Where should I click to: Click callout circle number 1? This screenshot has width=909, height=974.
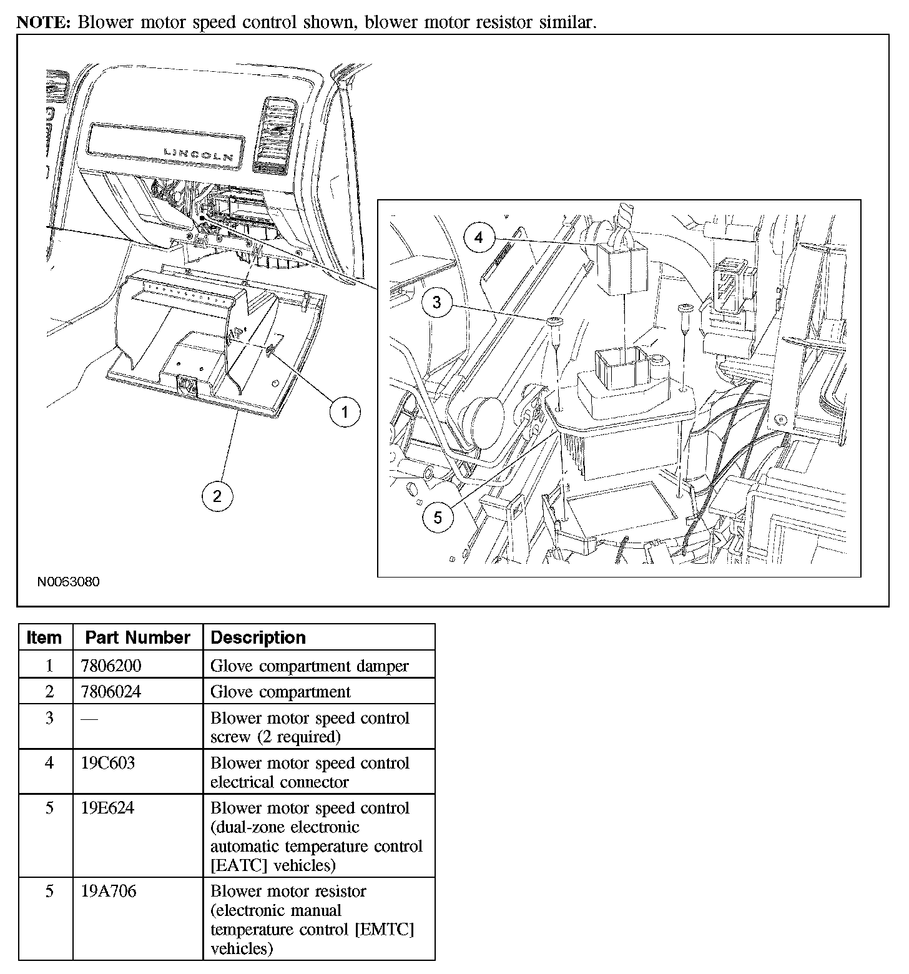(x=345, y=412)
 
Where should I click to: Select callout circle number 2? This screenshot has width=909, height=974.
(x=217, y=496)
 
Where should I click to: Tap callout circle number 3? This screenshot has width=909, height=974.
(x=437, y=302)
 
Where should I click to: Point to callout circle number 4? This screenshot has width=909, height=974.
(x=479, y=238)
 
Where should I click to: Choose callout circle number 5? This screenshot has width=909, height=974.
(x=438, y=518)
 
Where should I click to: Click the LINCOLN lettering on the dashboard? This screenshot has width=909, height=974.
(x=199, y=154)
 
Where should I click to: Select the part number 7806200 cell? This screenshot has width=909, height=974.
(x=111, y=666)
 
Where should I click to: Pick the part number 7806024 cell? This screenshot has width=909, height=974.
(x=111, y=692)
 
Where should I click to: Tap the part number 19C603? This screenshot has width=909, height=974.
(x=107, y=763)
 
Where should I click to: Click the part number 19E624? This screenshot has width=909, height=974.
(x=107, y=808)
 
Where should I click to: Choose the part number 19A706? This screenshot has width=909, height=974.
(x=108, y=891)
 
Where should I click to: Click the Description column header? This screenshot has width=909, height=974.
(x=258, y=637)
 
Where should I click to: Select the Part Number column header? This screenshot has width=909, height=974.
(x=137, y=637)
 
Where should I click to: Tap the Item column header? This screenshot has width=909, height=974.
(x=44, y=637)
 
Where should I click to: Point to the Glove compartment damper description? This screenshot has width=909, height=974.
(x=309, y=666)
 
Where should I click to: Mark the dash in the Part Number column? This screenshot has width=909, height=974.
(x=89, y=719)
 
